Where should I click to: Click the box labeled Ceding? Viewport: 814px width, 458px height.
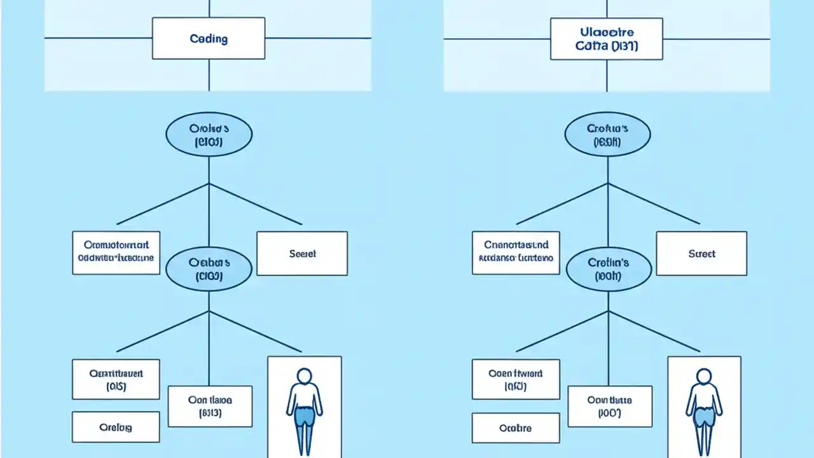209,39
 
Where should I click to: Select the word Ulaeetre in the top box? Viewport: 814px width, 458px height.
606,31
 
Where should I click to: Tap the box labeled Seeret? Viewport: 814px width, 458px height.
302,253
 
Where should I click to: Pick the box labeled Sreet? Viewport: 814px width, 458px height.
701,253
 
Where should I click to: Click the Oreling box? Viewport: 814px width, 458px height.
116,427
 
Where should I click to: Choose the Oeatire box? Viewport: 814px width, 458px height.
514,428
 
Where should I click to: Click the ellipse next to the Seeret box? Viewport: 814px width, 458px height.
208,269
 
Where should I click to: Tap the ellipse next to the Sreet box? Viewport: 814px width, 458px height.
608,269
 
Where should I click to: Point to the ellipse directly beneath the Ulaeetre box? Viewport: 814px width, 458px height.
607,135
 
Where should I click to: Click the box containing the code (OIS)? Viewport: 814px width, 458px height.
116,379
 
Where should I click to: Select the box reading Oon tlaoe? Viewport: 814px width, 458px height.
210,406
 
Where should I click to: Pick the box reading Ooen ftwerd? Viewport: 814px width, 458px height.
515,379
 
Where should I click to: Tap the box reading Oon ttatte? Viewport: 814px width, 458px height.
609,406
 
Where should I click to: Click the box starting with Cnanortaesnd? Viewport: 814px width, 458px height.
516,252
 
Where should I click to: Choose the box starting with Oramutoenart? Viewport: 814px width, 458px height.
116,252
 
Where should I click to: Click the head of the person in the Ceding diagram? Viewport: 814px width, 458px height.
305,376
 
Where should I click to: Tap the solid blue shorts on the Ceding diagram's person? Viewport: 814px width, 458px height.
305,416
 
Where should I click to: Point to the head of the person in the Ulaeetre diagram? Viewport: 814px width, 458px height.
703,377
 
